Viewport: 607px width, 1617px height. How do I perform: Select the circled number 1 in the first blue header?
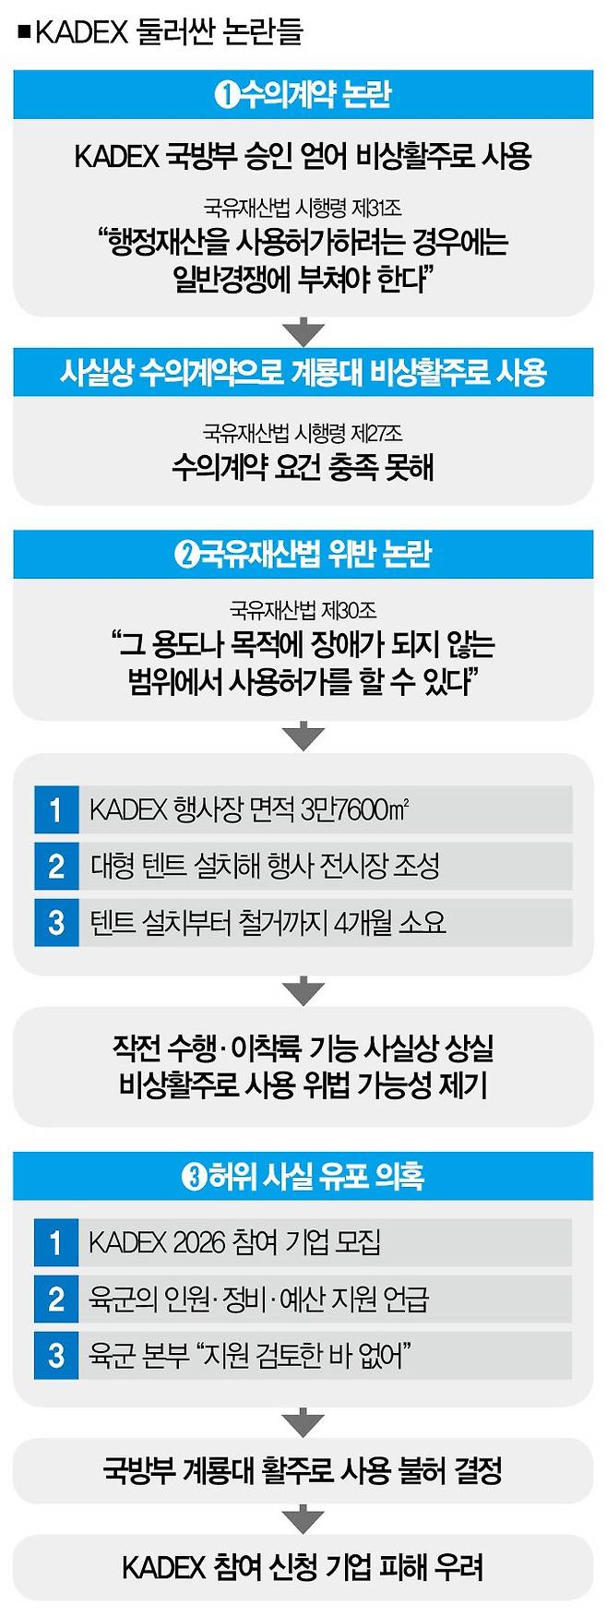[x=226, y=94]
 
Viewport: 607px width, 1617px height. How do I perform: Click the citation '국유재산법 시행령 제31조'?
[x=303, y=208]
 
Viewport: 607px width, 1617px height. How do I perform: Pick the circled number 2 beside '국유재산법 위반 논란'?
[x=186, y=555]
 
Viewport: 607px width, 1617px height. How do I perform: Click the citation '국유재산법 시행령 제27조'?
[x=303, y=433]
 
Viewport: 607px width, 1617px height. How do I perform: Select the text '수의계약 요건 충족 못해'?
[x=303, y=468]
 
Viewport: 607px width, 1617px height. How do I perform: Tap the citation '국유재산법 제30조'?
[x=303, y=610]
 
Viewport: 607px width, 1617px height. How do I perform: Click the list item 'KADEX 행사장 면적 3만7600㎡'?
[x=249, y=809]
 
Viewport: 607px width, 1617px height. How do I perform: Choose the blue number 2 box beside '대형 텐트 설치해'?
[x=56, y=866]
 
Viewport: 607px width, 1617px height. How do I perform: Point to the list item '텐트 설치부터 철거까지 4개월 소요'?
[x=268, y=922]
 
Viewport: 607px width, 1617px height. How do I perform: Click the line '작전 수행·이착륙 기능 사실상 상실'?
[x=303, y=1048]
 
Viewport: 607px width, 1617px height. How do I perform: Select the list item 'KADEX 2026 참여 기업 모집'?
[x=234, y=1242]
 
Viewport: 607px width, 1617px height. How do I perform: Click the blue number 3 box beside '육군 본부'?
[x=56, y=1355]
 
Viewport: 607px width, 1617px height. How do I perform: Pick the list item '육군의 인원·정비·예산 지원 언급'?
[x=258, y=1299]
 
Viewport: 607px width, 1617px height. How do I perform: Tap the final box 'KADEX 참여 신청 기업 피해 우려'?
[x=303, y=1567]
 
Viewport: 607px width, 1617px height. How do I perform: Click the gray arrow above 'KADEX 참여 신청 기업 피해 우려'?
[x=303, y=1518]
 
